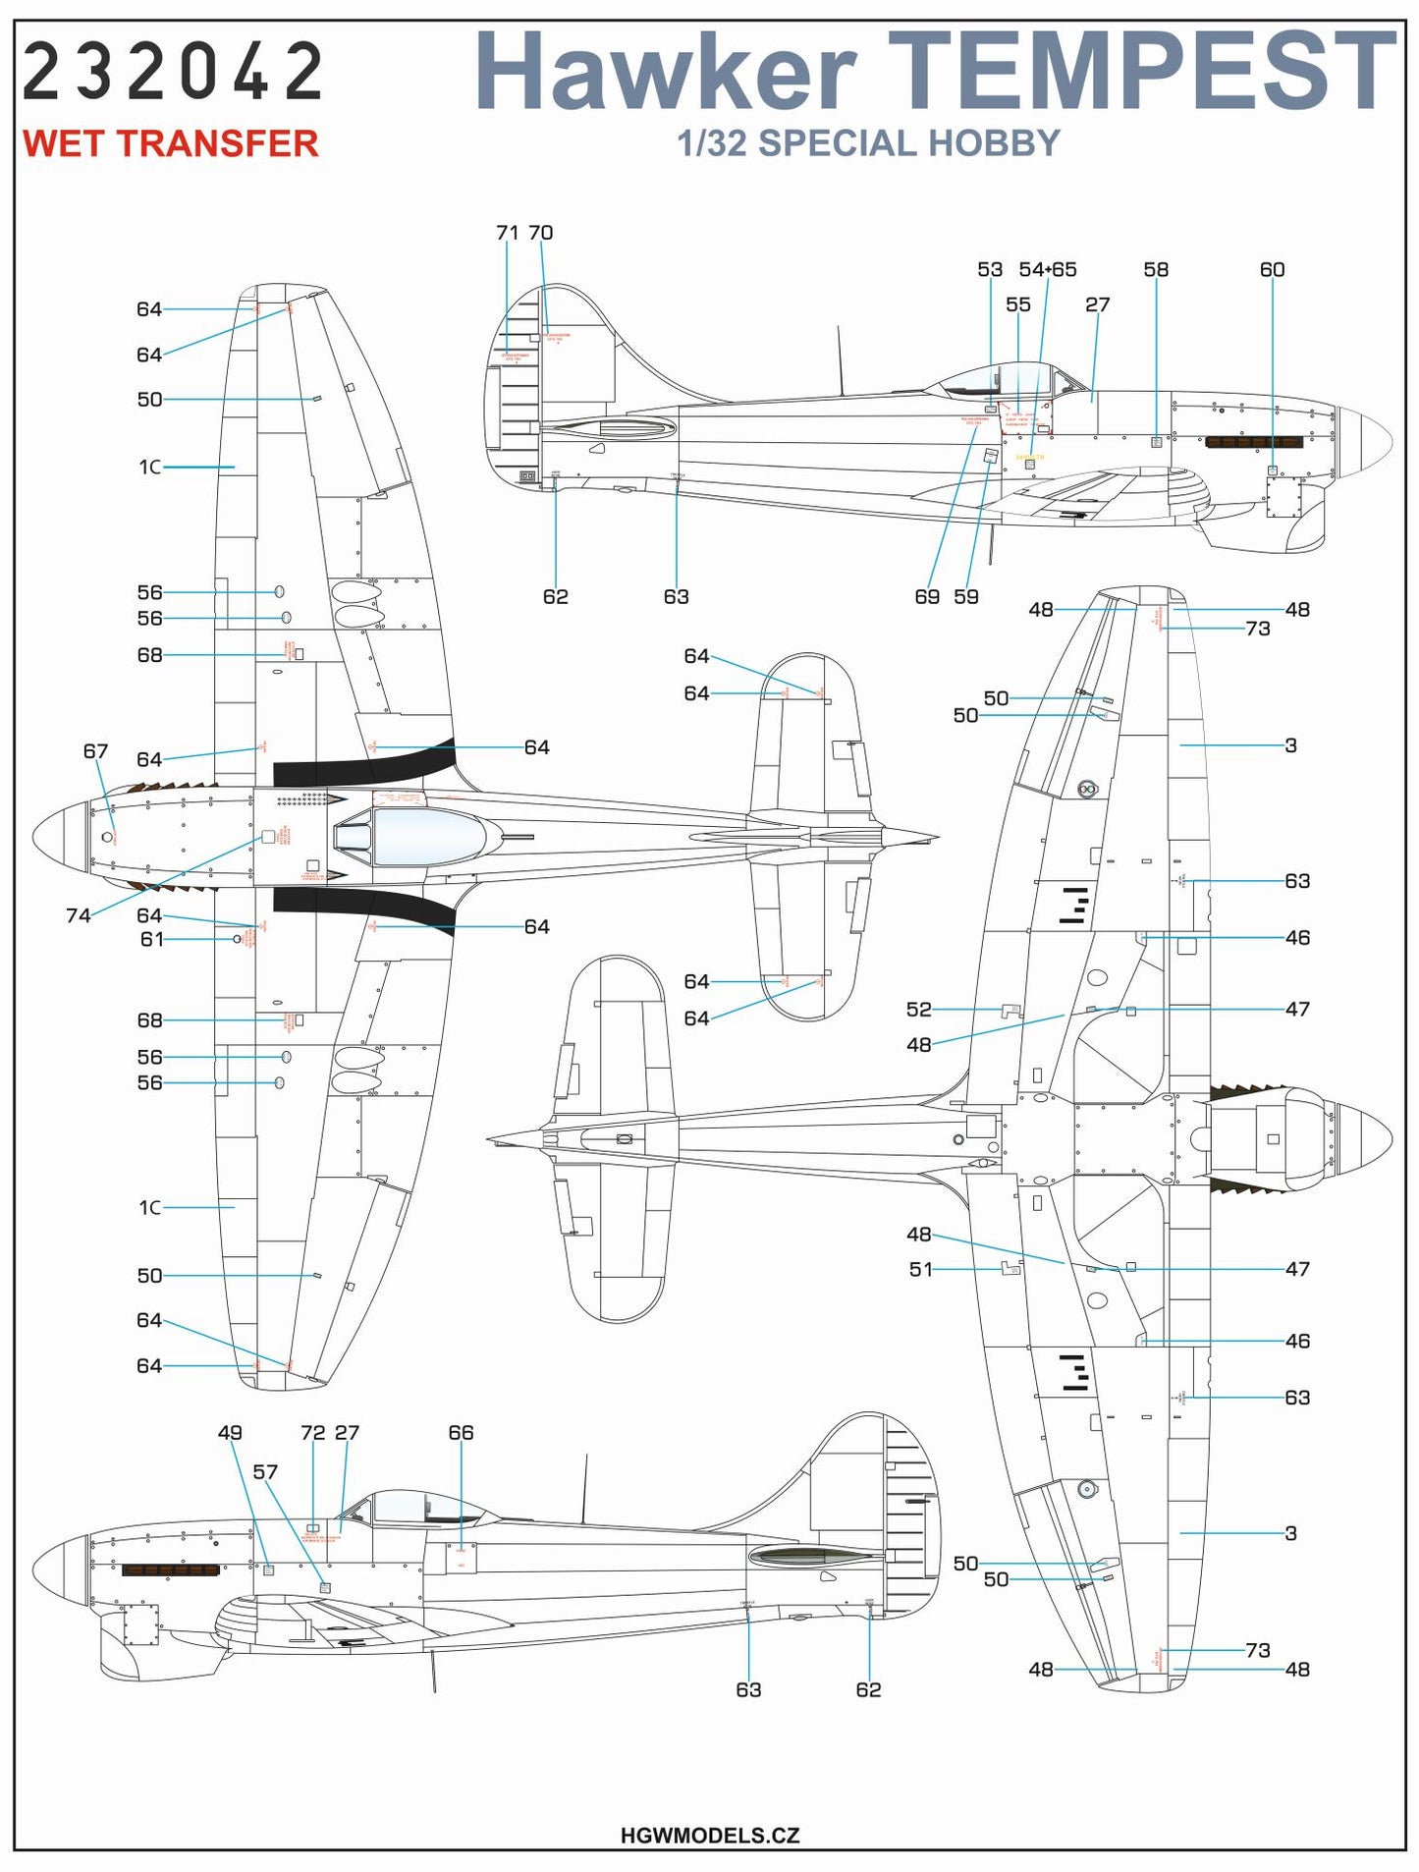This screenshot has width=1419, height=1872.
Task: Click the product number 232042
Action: (173, 73)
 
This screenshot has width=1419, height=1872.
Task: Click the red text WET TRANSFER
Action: (170, 144)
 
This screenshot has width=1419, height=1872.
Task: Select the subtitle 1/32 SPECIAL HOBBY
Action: (868, 143)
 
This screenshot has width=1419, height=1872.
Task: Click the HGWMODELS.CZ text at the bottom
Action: (709, 1835)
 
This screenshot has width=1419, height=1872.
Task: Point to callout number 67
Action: (95, 751)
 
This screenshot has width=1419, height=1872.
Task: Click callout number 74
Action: (78, 915)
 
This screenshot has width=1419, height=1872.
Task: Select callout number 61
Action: (151, 940)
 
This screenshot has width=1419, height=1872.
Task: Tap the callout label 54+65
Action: (1047, 270)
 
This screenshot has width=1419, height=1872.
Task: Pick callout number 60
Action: (1272, 270)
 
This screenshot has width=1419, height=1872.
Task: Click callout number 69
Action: (926, 597)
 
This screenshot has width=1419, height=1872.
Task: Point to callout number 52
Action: (918, 1010)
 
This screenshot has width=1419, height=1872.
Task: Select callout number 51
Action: (920, 1270)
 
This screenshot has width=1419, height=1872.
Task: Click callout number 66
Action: (461, 1433)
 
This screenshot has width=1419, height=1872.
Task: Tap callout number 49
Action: (229, 1433)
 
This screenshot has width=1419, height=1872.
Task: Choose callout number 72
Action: (312, 1433)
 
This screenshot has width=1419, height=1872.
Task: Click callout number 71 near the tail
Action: (507, 234)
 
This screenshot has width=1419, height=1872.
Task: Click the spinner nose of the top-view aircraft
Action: (59, 837)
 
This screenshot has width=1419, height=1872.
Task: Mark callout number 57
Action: (265, 1472)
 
